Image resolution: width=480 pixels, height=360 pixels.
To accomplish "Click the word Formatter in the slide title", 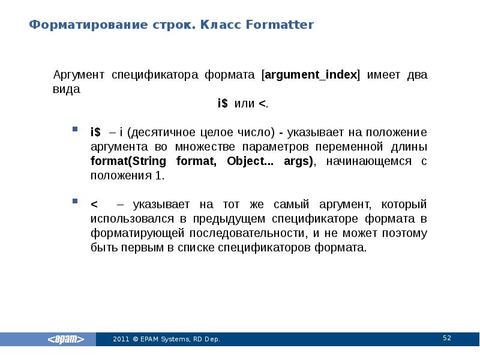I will [x=280, y=25].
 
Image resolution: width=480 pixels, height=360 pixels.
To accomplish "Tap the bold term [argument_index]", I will [x=311, y=76].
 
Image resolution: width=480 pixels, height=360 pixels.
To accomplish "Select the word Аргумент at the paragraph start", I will [x=77, y=76].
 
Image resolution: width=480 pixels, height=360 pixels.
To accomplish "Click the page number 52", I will [x=446, y=338].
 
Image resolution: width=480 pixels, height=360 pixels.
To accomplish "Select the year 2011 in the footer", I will [x=120, y=340].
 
